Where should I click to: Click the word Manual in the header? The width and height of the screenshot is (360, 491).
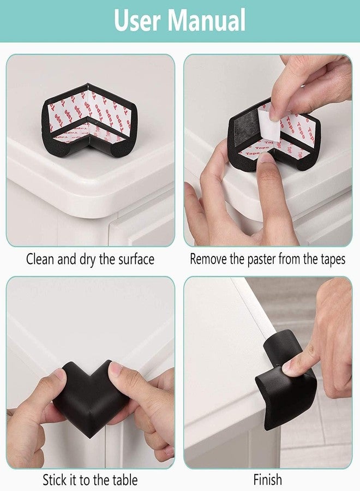(207, 20)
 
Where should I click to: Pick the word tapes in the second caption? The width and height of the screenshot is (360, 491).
(333, 260)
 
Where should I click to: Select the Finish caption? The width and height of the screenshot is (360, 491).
(268, 480)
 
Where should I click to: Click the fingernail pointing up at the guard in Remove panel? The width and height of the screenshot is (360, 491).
(265, 157)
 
